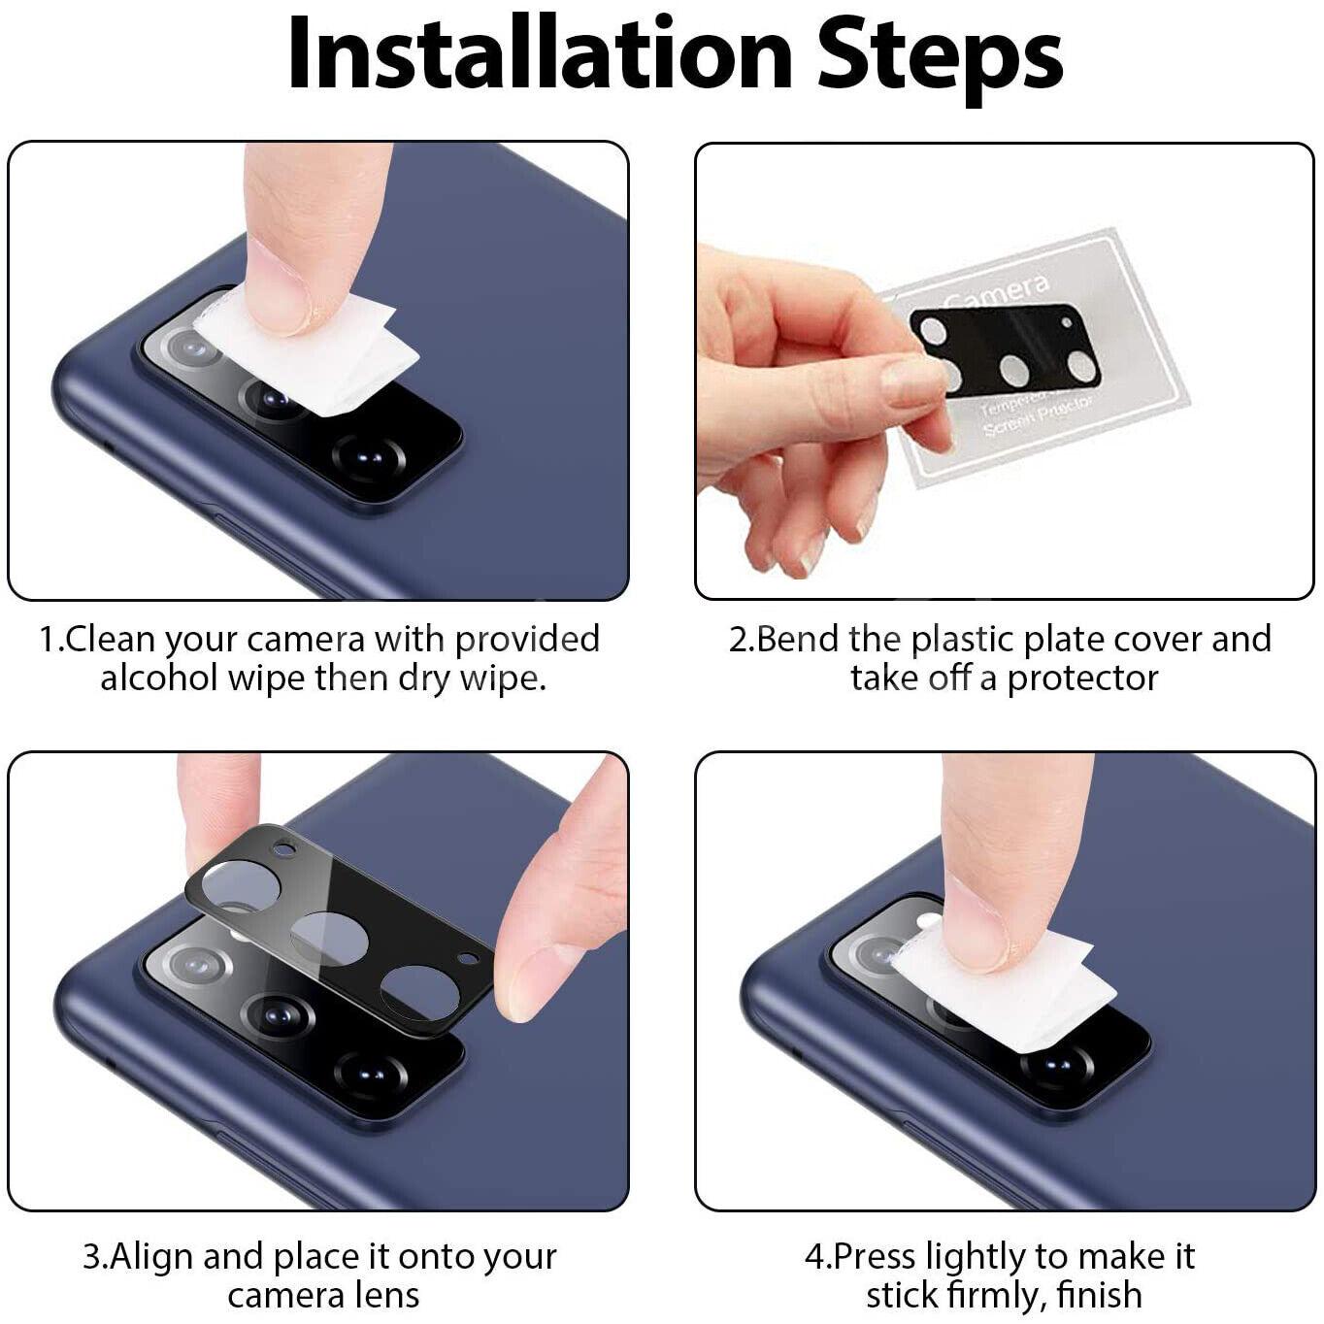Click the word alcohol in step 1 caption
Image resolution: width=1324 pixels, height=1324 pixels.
click(159, 678)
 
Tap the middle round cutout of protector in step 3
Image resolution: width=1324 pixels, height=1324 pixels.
click(330, 938)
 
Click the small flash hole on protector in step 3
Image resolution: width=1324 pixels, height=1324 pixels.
click(283, 849)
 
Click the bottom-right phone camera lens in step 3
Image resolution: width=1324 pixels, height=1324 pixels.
click(370, 1072)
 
